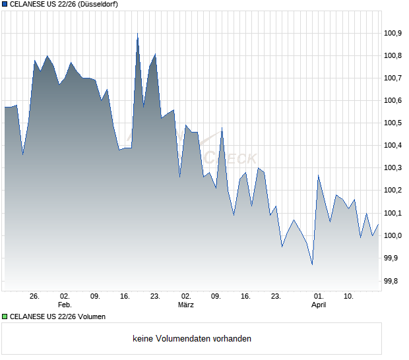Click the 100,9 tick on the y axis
tap(393, 33)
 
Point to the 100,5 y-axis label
tap(393, 123)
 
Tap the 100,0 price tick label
tap(393, 235)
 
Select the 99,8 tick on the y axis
tap(393, 281)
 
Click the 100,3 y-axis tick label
tap(393, 168)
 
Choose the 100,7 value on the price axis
tap(393, 78)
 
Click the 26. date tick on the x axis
tap(35, 296)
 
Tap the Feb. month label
tap(65, 305)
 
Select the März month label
tap(186, 305)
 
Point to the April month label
tap(319, 305)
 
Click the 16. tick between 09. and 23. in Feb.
tap(125, 296)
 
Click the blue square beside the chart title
tap(5, 5)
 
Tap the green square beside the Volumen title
tap(5, 316)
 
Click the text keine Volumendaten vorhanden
tap(192, 339)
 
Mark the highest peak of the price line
tap(137, 33)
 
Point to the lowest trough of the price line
tap(312, 265)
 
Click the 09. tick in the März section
tap(216, 296)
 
